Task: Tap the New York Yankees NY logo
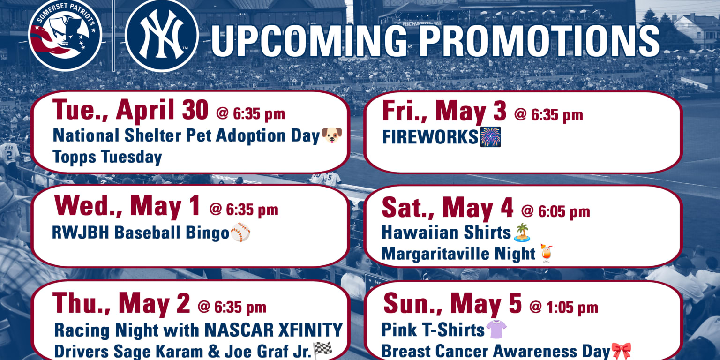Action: [x=162, y=35]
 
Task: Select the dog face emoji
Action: [x=332, y=135]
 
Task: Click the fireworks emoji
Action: [x=490, y=136]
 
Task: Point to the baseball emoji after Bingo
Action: [x=240, y=232]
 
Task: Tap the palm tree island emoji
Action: [x=522, y=232]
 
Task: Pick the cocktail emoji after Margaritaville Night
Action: [x=547, y=254]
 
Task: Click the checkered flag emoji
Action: [x=322, y=350]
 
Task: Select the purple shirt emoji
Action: [x=496, y=330]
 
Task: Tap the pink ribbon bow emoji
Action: [x=621, y=351]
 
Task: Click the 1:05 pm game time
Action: [x=563, y=307]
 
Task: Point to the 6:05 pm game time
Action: [x=555, y=211]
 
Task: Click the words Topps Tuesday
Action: [x=107, y=157]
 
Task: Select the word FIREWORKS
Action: [x=430, y=137]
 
